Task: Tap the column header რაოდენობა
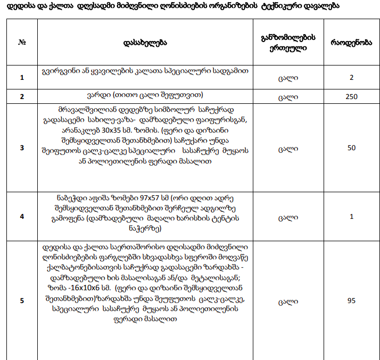pyautogui.click(x=351, y=42)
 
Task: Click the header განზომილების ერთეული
pyautogui.click(x=288, y=42)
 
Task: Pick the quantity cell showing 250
pyautogui.click(x=351, y=97)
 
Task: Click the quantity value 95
pyautogui.click(x=351, y=301)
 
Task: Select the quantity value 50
pyautogui.click(x=351, y=148)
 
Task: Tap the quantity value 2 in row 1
pyautogui.click(x=351, y=78)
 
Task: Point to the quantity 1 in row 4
pyautogui.click(x=351, y=217)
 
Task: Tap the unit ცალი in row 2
pyautogui.click(x=288, y=97)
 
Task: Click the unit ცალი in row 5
pyautogui.click(x=288, y=301)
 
